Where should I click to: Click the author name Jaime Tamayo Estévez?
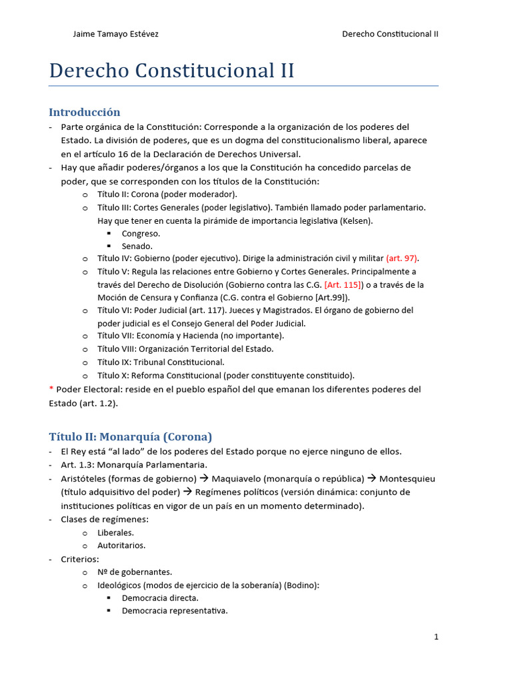115,34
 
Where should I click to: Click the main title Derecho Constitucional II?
171,71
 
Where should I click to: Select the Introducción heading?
85,112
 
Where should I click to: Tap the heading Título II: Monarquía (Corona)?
131,437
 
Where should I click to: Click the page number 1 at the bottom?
436,637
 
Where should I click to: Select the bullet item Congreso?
141,234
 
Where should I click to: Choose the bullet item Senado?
137,246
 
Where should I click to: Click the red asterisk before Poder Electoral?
51,389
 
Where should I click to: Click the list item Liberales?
115,533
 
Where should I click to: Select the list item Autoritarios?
121,545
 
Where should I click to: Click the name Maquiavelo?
240,479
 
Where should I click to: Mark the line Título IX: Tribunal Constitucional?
161,362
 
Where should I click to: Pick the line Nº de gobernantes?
135,572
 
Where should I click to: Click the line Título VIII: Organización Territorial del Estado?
185,349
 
